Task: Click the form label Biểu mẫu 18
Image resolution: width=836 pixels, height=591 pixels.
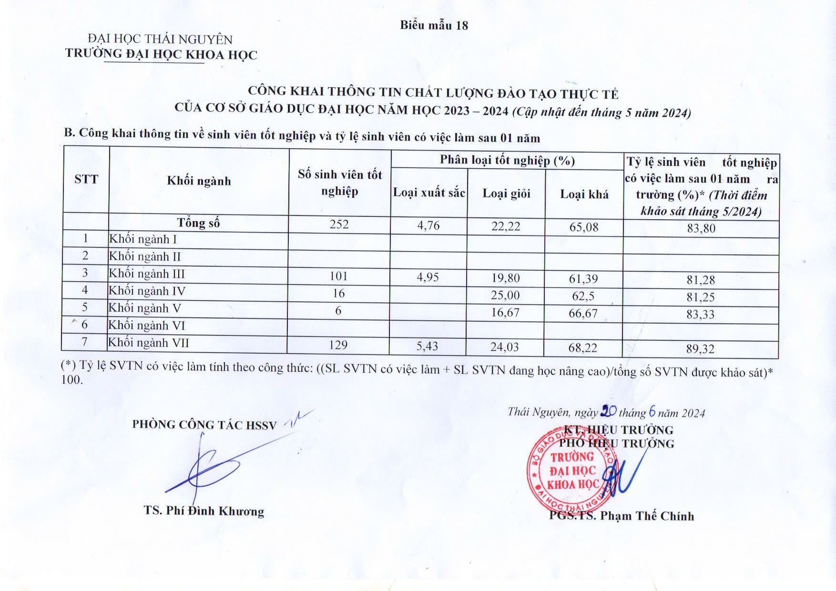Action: (434, 25)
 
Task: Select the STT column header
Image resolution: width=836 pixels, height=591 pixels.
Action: (86, 179)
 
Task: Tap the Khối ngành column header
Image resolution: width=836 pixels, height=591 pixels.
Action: (199, 181)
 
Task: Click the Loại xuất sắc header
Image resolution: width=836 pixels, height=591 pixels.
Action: (429, 193)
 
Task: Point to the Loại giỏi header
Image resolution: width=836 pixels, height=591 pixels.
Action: (506, 194)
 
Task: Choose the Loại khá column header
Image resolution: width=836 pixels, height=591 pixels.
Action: (584, 194)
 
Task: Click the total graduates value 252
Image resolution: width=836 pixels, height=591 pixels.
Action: (339, 224)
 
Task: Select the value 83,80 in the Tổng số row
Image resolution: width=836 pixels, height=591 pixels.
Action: (701, 228)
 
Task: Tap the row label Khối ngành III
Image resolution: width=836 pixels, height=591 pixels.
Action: (147, 274)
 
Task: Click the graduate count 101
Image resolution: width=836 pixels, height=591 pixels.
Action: (338, 276)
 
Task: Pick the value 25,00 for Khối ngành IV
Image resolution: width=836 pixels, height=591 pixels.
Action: (505, 295)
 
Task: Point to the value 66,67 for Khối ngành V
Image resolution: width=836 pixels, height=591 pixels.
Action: (583, 313)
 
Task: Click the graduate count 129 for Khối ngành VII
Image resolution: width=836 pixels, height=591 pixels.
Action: (338, 345)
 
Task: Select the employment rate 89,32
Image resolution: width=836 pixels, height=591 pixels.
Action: (700, 349)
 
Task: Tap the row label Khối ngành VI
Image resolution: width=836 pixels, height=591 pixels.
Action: (146, 326)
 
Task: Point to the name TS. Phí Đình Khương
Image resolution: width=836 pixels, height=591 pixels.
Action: (204, 511)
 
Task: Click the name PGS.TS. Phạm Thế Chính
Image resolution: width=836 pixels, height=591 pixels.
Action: (622, 516)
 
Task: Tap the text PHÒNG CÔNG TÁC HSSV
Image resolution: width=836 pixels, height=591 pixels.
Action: (204, 424)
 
